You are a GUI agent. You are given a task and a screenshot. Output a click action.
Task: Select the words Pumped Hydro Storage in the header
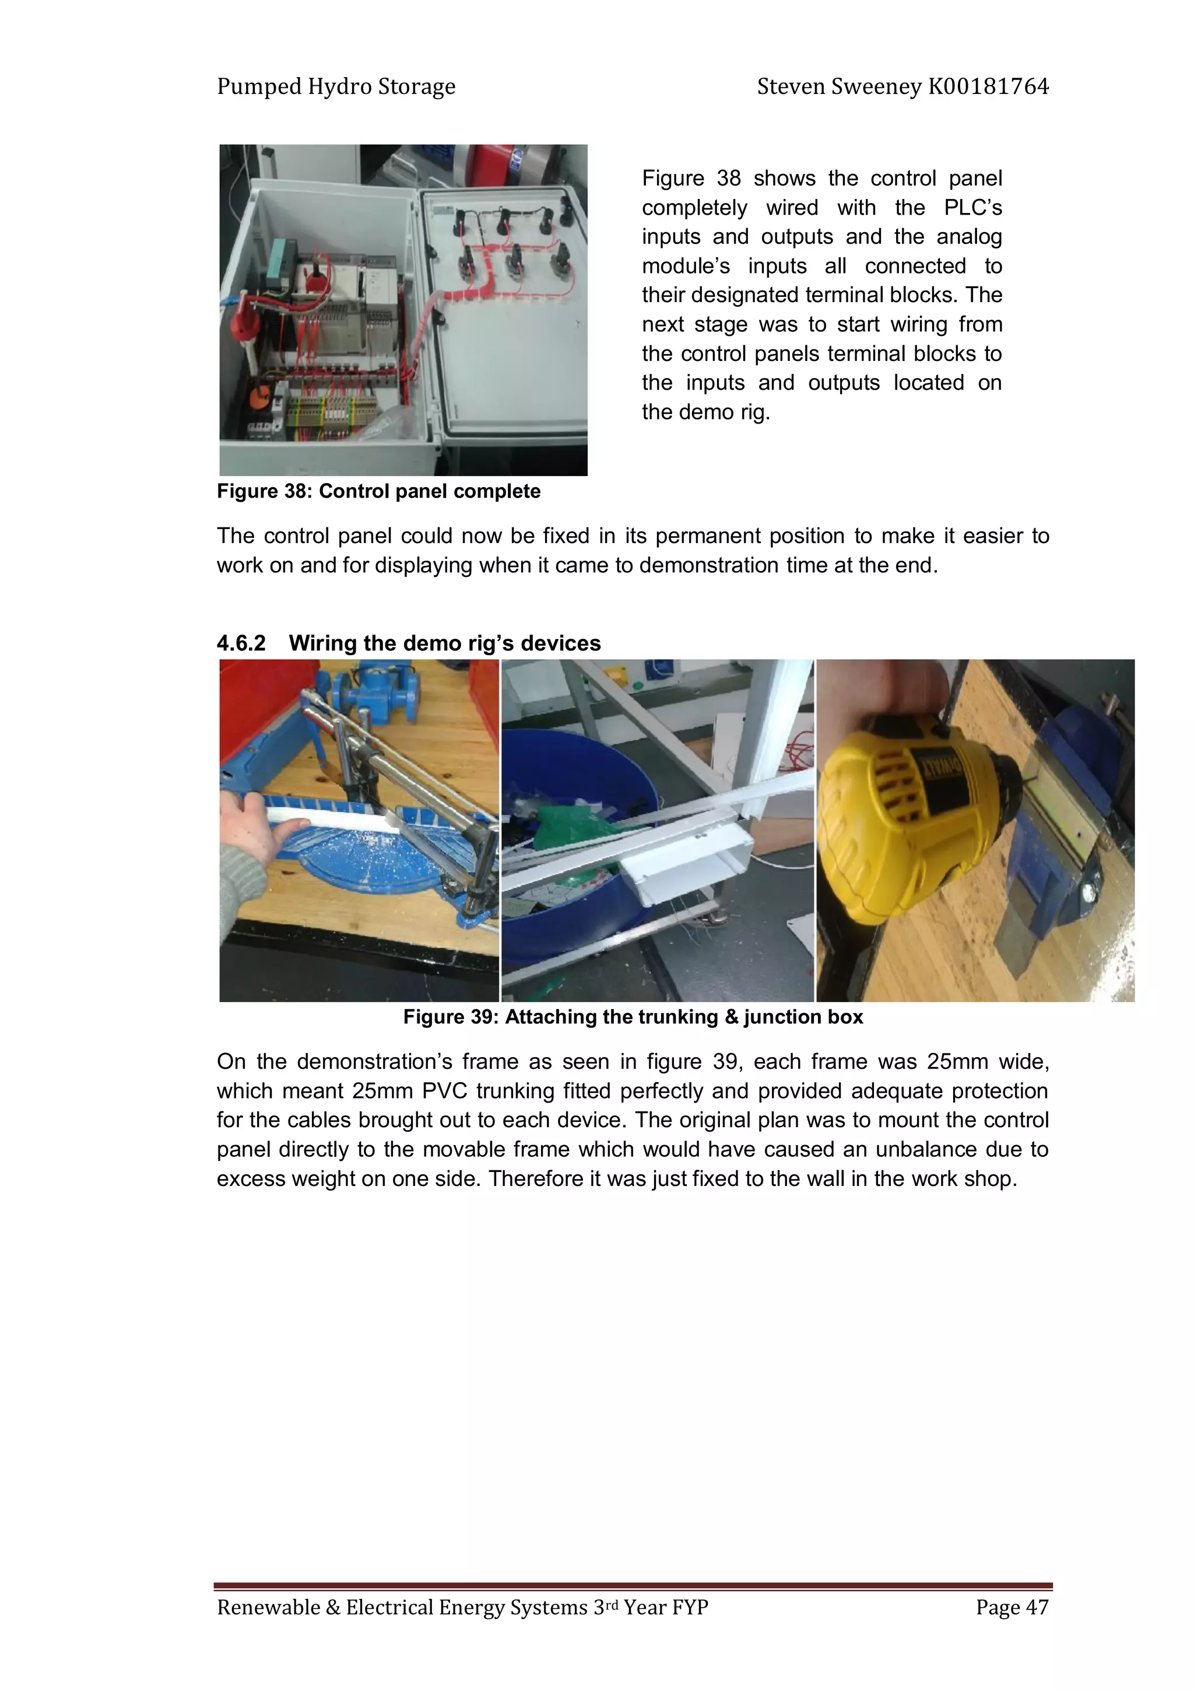click(336, 87)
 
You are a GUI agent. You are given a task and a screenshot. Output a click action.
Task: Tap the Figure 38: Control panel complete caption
click(378, 491)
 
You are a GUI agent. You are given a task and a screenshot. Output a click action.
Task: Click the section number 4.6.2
click(241, 643)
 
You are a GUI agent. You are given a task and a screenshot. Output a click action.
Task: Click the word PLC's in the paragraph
click(972, 208)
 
